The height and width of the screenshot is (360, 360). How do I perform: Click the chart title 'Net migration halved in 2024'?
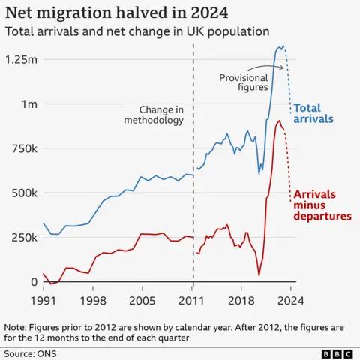[x=116, y=13]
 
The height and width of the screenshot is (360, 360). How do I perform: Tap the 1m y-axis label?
[x=28, y=103]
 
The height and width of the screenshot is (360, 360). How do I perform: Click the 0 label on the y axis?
[x=34, y=282]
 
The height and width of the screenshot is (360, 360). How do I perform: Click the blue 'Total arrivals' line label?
[x=313, y=113]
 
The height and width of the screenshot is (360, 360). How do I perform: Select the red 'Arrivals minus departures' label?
[x=322, y=205]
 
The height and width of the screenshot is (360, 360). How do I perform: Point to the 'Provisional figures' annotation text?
[x=244, y=82]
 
